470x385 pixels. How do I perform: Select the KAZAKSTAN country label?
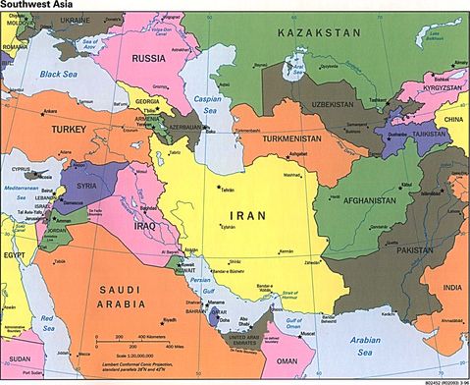319,33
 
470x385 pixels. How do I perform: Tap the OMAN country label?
316,362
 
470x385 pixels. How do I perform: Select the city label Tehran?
228,189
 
